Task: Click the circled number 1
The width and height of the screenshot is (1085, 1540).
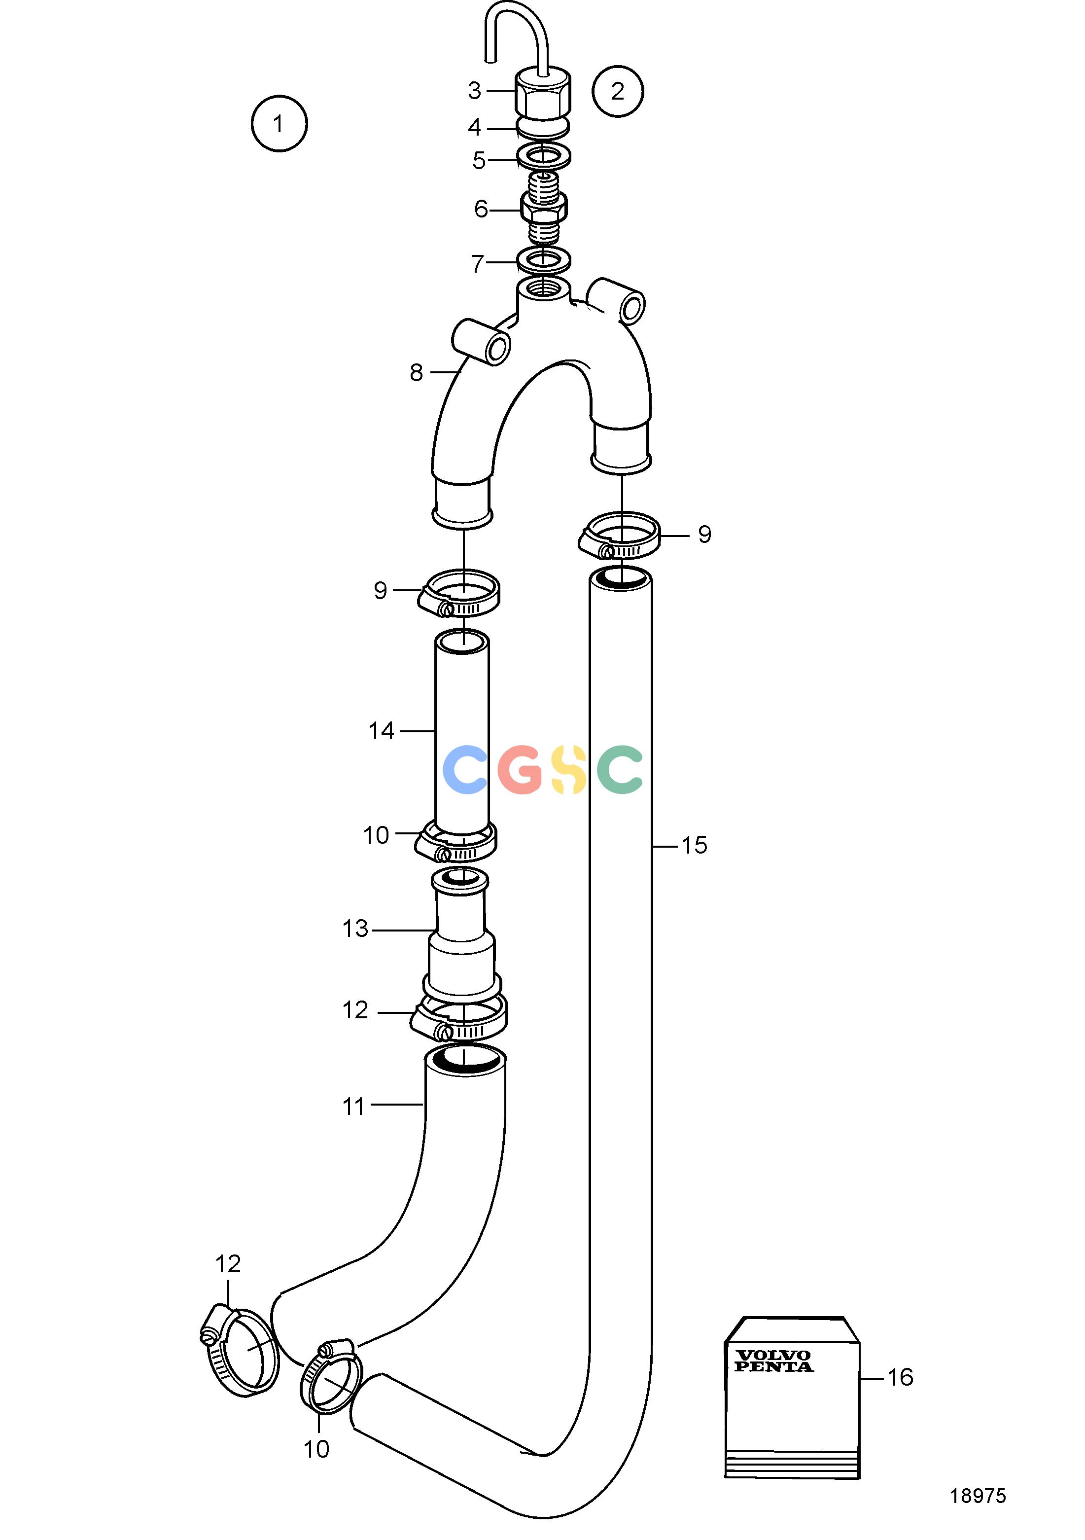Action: [279, 124]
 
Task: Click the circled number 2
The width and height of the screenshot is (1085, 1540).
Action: [618, 91]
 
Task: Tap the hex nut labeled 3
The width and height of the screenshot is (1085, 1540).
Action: [543, 93]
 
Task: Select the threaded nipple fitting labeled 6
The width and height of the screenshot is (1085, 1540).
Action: [544, 209]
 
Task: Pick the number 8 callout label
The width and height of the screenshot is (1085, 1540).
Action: [417, 372]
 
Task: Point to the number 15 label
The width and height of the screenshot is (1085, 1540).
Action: [694, 845]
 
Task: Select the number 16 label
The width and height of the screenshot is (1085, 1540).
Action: [901, 1378]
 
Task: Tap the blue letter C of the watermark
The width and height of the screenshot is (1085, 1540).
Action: [465, 770]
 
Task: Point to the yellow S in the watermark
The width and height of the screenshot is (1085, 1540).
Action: [569, 770]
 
